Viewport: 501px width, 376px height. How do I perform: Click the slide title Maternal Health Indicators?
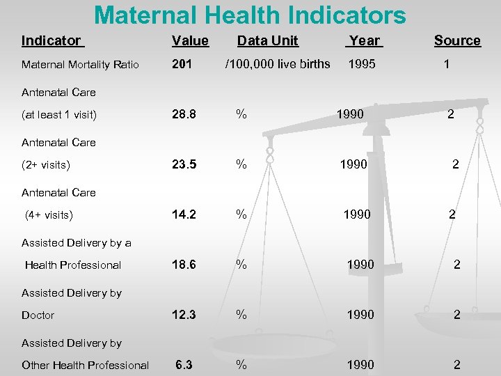pyautogui.click(x=250, y=15)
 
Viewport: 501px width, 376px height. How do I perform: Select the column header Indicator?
pyautogui.click(x=51, y=40)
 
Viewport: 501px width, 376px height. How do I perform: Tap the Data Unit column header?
pyautogui.click(x=267, y=40)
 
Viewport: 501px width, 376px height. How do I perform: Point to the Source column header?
pyautogui.click(x=457, y=40)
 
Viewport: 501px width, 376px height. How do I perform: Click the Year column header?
pyautogui.click(x=364, y=40)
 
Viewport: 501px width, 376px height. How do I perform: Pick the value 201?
pyautogui.click(x=182, y=64)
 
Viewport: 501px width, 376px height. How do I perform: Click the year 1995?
pyautogui.click(x=361, y=64)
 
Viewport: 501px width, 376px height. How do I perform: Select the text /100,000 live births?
pyautogui.click(x=277, y=64)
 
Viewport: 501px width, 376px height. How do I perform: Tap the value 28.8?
pyautogui.click(x=184, y=114)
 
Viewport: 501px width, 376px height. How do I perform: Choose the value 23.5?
pyautogui.click(x=184, y=164)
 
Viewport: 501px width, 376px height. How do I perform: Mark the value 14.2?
pyautogui.click(x=184, y=214)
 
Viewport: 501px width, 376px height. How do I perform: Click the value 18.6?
pyautogui.click(x=184, y=265)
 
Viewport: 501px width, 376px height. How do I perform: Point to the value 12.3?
pyautogui.click(x=184, y=315)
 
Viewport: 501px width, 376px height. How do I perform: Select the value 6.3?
pyautogui.click(x=184, y=365)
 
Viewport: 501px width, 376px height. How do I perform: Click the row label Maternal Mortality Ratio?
pyautogui.click(x=80, y=65)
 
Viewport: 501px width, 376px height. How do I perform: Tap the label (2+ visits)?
pyautogui.click(x=46, y=165)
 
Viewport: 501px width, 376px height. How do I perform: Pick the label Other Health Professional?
pyautogui.click(x=85, y=366)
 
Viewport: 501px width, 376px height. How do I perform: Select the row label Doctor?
pyautogui.click(x=38, y=315)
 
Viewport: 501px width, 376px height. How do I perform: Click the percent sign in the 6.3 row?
pyautogui.click(x=241, y=365)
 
